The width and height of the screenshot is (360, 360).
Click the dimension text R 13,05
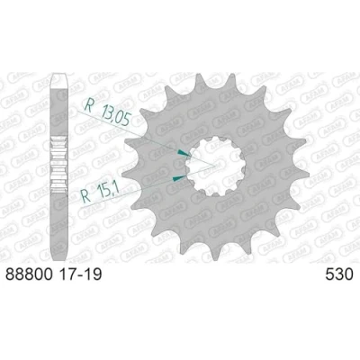pos(107,112)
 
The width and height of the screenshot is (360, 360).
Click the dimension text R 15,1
pos(101,193)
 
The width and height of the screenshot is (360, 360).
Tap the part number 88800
pos(29,274)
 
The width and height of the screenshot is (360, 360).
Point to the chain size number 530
pos(339,274)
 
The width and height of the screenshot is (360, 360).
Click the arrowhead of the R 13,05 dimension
pos(184,153)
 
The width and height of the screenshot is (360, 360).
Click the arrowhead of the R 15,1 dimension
pos(178,178)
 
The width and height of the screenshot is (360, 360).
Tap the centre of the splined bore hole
pos(215,166)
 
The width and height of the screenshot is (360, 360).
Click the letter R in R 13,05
pos(88,105)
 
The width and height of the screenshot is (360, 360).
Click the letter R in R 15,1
pos(86,196)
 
